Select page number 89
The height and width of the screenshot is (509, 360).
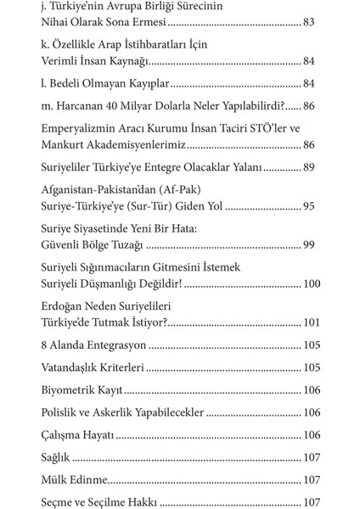[x=309, y=169]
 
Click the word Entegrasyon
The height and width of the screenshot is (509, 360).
[x=115, y=346]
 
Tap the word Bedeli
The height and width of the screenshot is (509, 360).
[x=67, y=83]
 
